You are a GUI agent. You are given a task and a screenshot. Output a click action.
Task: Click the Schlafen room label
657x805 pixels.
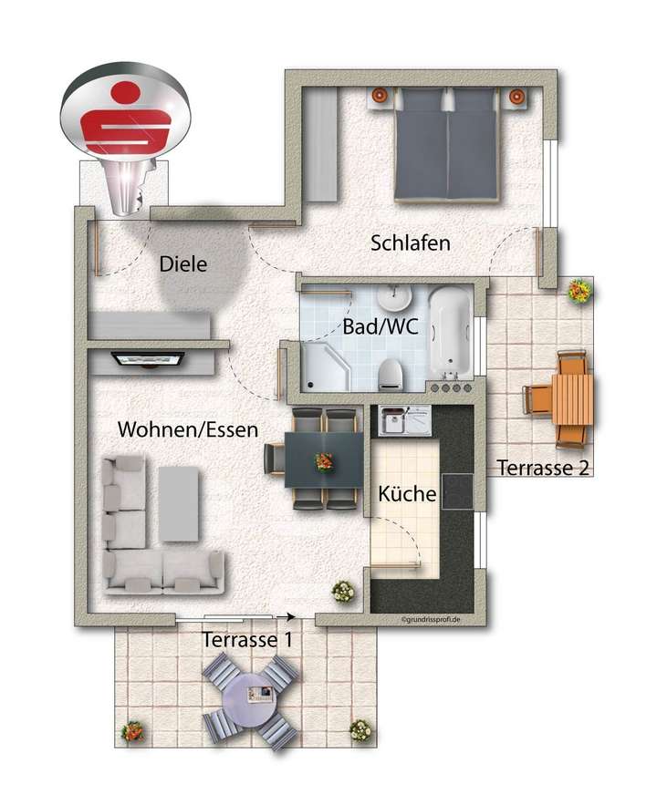click(x=411, y=243)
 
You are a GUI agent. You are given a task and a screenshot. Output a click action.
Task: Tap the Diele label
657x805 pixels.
click(x=183, y=264)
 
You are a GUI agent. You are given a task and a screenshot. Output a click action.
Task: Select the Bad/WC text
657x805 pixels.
click(x=381, y=327)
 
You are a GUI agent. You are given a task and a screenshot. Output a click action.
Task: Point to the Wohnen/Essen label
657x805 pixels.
click(x=187, y=428)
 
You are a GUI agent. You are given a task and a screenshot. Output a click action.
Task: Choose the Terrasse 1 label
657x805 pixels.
click(x=247, y=639)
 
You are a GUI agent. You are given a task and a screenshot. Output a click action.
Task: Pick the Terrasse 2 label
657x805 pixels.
click(x=544, y=468)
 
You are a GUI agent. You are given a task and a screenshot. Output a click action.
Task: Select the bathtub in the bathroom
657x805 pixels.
click(x=450, y=333)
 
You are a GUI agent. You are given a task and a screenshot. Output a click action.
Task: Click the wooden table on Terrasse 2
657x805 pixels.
click(x=573, y=399)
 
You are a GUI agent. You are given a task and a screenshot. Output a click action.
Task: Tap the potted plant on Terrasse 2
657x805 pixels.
click(x=579, y=292)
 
